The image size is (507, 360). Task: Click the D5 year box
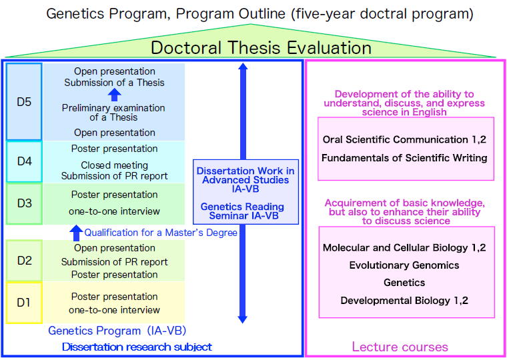tap(24, 101)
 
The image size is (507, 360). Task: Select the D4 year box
tap(24, 161)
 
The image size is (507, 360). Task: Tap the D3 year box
tap(24, 203)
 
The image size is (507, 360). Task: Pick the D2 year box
tap(24, 260)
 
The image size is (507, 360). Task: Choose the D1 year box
tap(24, 302)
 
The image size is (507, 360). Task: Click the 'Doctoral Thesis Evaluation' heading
tap(261, 48)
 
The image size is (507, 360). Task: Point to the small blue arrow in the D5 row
tap(114, 95)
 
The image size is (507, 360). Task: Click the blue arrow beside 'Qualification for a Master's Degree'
tap(76, 233)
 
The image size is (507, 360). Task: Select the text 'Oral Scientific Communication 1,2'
tap(404, 140)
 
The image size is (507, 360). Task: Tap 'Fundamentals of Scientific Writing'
tap(404, 158)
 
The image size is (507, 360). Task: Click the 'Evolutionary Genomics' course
tap(404, 265)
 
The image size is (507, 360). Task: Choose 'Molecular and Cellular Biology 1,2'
tap(404, 248)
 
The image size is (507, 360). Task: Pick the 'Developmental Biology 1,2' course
tap(404, 301)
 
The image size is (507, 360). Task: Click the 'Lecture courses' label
tap(400, 347)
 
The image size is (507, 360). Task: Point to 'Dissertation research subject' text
tap(137, 347)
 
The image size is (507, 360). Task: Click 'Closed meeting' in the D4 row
tap(114, 165)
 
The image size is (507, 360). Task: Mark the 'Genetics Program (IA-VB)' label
tap(117, 331)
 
